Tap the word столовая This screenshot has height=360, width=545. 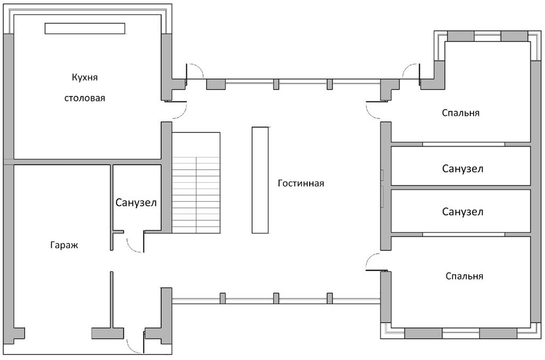(84, 99)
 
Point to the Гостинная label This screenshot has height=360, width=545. (301, 183)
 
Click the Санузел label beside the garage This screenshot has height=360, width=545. (136, 203)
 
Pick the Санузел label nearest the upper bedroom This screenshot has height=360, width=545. (462, 169)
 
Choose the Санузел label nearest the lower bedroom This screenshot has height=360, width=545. (462, 212)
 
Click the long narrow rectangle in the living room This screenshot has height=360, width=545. (261, 180)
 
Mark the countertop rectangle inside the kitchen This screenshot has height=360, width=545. (85, 29)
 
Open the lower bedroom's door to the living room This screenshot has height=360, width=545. (375, 262)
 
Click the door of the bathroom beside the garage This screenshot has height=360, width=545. (135, 244)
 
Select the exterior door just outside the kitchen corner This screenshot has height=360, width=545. (194, 73)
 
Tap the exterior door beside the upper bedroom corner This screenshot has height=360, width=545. (410, 73)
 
